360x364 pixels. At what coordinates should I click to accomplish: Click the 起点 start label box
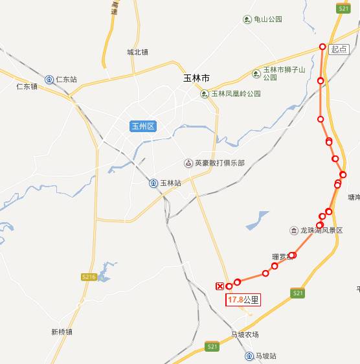coord(339,49)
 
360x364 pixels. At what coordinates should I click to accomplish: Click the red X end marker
coord(220,286)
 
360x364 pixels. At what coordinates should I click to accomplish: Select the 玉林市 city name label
coord(197,78)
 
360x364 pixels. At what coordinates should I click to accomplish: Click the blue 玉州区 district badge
coord(143,126)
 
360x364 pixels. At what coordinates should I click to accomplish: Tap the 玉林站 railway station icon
coord(153,183)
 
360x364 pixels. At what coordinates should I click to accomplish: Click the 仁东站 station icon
coord(49,80)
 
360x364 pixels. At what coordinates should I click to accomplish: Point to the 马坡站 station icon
coord(249,356)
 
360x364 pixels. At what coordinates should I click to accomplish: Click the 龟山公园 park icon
coord(247,19)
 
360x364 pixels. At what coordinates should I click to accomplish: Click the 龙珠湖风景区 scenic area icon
coord(294,231)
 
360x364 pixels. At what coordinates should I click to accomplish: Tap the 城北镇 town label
coord(138,52)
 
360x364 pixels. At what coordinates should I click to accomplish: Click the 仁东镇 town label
coord(27,86)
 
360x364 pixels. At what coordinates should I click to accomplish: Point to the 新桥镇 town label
coord(62,332)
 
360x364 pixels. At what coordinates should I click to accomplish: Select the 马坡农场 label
coord(245,335)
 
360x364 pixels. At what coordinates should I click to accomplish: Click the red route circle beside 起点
coord(322,46)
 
